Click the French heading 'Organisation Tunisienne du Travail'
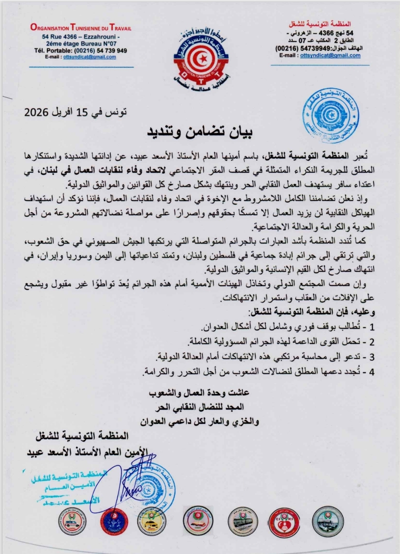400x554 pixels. click(81, 28)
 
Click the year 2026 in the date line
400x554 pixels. click(37, 112)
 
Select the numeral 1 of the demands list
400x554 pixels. click(371, 327)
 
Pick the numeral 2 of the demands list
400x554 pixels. click(371, 342)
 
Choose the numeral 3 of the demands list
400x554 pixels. click(371, 357)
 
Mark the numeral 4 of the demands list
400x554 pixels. click(371, 372)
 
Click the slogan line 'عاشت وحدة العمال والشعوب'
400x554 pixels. click(199, 392)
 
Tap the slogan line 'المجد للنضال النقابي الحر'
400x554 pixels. click(201, 407)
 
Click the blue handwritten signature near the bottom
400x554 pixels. click(129, 482)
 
